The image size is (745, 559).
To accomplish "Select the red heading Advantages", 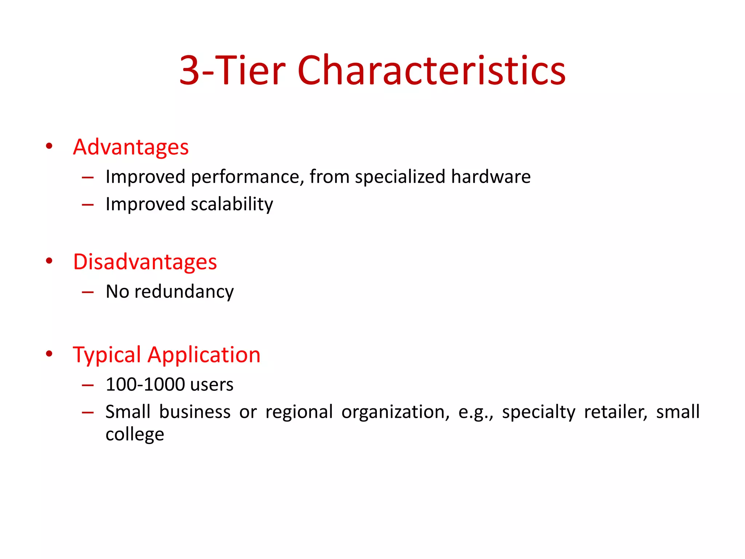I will pos(131,147).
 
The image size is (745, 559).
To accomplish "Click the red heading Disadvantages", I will pos(145,262).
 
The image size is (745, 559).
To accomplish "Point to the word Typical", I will pos(107,355).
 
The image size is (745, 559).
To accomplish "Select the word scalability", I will pos(232,204).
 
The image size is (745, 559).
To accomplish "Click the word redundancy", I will pos(184,292).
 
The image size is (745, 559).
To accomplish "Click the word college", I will pos(135,435).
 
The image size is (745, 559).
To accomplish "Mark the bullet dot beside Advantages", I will pos(49,146).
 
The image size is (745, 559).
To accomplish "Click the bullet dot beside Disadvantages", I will pos(49,261).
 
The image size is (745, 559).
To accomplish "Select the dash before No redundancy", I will pos(88,292).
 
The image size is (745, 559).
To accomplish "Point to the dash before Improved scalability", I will pos(88,205).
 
